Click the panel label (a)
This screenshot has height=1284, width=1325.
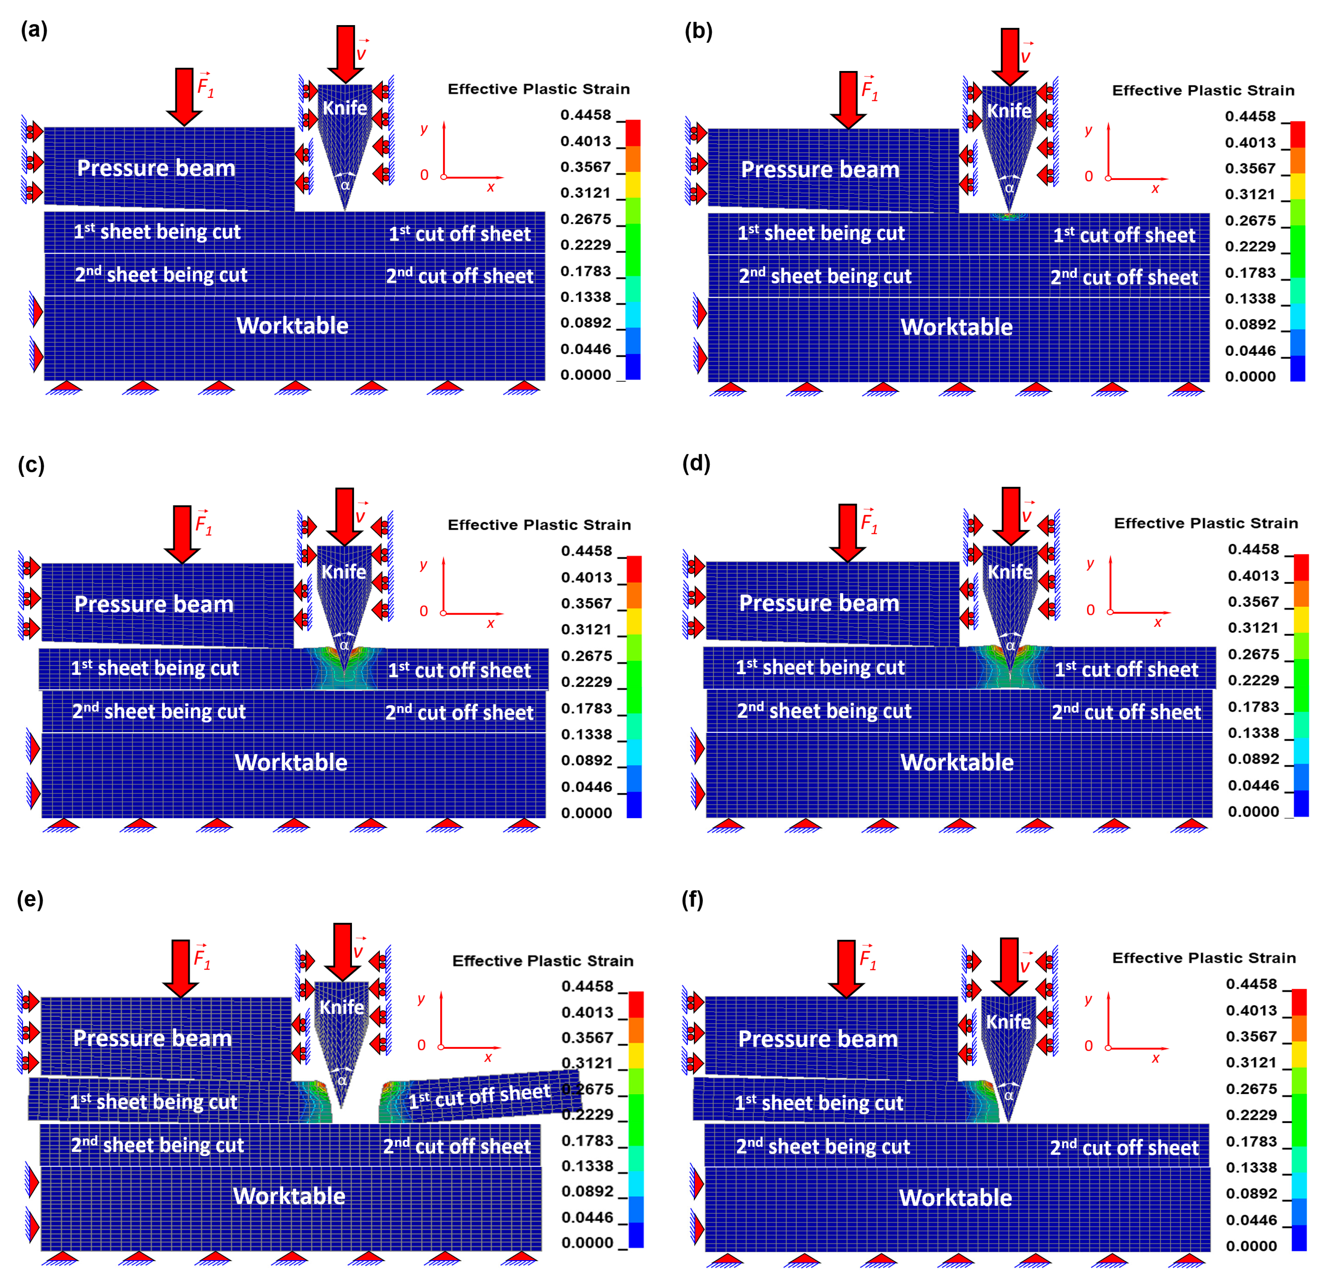click(34, 30)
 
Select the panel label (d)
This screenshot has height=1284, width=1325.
click(696, 463)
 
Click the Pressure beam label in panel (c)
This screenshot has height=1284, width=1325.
click(154, 604)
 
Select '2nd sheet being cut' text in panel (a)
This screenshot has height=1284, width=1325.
click(161, 275)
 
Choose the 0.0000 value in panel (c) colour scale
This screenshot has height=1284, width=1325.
click(586, 813)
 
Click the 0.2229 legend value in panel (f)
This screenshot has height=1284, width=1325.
click(1251, 1115)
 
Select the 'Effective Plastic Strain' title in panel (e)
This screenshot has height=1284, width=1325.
click(543, 961)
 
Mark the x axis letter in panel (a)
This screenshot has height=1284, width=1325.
click(491, 187)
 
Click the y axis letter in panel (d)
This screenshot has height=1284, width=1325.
click(1090, 563)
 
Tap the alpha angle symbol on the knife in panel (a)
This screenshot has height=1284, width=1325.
click(345, 185)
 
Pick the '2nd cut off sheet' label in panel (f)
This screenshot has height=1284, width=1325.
click(1124, 1147)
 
